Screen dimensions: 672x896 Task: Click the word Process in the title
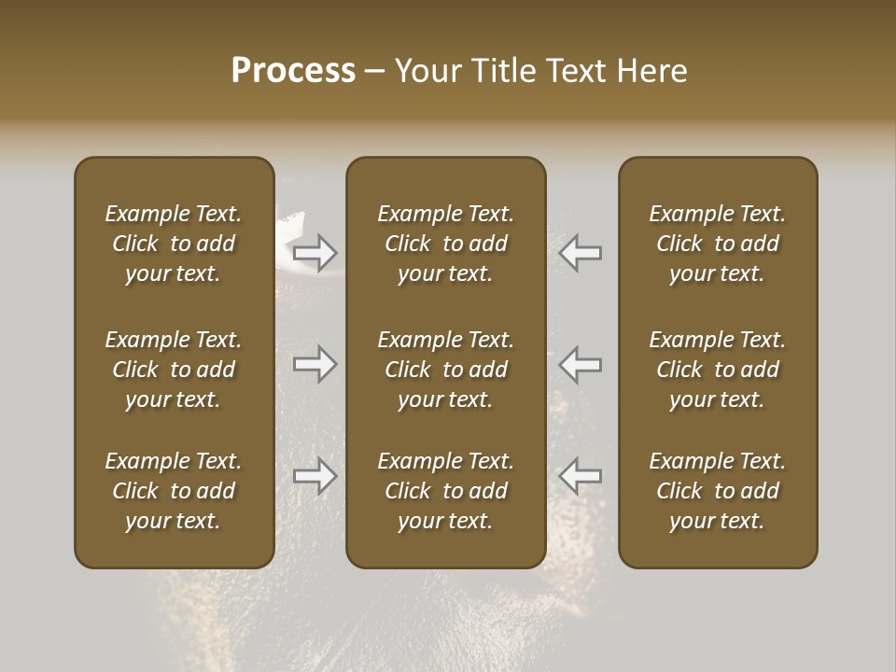[293, 70]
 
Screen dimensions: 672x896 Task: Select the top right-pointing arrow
[315, 252]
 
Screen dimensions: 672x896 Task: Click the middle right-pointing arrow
[315, 364]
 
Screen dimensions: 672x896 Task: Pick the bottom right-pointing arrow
[315, 476]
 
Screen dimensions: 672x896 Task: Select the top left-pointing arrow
[581, 252]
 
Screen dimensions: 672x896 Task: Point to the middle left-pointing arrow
[581, 364]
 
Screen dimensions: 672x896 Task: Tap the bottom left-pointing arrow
[581, 476]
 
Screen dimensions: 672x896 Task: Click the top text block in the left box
[174, 244]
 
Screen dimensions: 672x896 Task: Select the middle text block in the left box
[174, 370]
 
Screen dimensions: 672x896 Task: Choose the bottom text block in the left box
[174, 491]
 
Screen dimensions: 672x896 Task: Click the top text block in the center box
[445, 244]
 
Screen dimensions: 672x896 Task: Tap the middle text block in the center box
[445, 370]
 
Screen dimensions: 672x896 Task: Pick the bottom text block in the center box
[445, 491]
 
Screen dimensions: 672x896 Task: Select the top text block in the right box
[718, 244]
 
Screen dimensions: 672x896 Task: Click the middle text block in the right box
[718, 370]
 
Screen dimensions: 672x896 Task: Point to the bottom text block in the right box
[718, 491]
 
